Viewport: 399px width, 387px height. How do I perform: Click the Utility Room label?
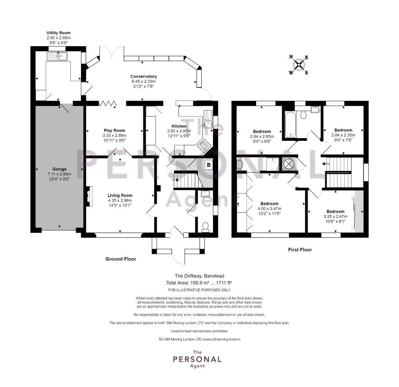[58, 33]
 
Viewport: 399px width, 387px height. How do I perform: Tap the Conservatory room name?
[143, 76]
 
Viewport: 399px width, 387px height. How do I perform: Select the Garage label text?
[60, 169]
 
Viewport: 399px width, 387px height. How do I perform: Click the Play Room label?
[114, 130]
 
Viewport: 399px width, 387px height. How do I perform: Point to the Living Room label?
[120, 196]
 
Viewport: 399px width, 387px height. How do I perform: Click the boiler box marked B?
[209, 165]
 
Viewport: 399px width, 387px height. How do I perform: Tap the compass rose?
[299, 65]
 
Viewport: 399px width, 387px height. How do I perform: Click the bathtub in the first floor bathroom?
[290, 125]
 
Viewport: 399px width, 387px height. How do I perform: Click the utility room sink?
[57, 56]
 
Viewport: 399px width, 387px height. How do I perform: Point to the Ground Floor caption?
[121, 259]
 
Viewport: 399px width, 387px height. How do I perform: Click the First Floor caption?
[300, 250]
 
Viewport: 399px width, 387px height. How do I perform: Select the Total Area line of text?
[199, 282]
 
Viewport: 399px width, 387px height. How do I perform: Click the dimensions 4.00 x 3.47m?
[270, 209]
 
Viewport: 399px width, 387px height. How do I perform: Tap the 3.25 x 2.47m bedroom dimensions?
[336, 216]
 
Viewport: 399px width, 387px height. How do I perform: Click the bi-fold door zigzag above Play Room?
[108, 104]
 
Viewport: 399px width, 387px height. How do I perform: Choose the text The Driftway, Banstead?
[199, 276]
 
